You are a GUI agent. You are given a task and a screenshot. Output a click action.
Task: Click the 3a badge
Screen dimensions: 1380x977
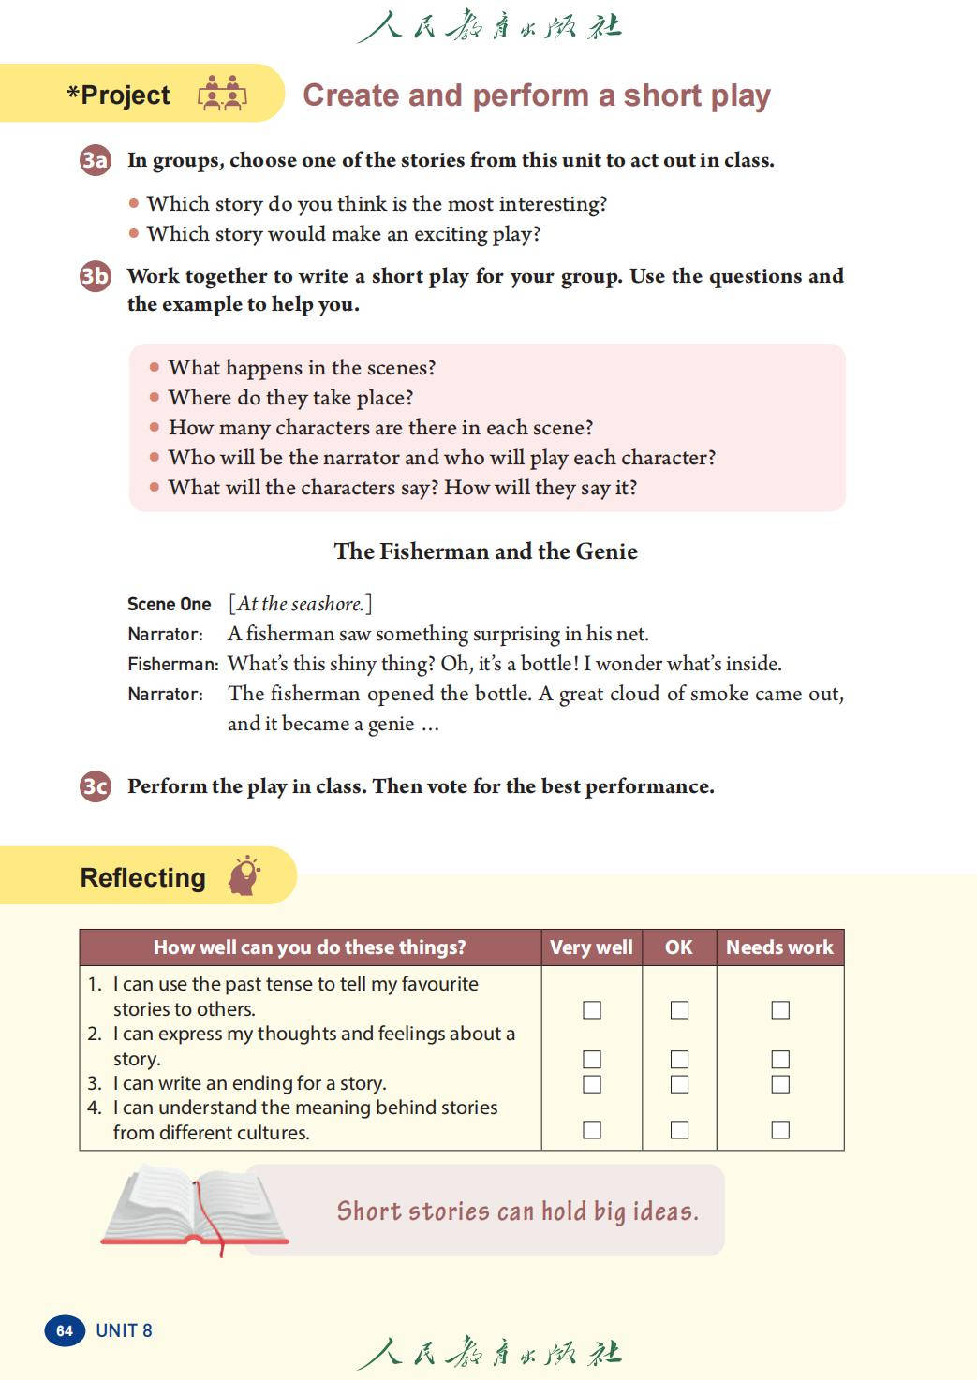[x=95, y=160]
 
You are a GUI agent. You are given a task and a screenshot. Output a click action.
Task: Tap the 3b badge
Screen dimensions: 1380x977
[x=95, y=276]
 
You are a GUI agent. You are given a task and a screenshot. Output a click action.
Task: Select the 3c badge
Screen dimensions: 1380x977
[x=95, y=786]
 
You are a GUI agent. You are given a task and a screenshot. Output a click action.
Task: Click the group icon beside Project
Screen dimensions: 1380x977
[x=222, y=94]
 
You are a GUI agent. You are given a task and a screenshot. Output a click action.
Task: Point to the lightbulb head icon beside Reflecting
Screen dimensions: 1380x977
[x=244, y=875]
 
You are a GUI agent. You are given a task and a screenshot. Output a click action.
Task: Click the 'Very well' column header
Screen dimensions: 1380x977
[x=591, y=947]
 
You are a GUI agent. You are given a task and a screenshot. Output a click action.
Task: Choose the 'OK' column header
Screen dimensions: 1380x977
[x=679, y=947]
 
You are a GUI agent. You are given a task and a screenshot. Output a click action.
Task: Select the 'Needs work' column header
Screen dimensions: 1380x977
[x=779, y=947]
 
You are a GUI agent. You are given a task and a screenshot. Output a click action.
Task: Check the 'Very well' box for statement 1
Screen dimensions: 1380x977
[x=592, y=1009]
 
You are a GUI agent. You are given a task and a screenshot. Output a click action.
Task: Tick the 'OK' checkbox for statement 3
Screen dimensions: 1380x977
[x=680, y=1084]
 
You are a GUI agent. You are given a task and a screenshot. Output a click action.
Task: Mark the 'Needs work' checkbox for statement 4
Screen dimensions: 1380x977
[x=780, y=1130]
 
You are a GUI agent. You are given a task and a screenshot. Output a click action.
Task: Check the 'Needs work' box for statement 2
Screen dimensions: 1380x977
[x=780, y=1059]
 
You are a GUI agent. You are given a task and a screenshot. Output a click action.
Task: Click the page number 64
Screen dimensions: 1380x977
[x=65, y=1330]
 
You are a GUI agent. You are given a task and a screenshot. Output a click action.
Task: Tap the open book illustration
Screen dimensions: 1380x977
[x=197, y=1210]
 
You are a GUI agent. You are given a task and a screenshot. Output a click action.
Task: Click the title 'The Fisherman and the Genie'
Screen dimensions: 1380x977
[x=486, y=551]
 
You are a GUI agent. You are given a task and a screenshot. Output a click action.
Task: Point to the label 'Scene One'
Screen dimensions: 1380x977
[x=170, y=605]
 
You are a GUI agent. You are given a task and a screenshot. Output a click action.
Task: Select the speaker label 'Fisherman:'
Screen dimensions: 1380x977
[x=173, y=665]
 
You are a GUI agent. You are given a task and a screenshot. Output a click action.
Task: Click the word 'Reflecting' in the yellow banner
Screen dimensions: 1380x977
[x=143, y=878]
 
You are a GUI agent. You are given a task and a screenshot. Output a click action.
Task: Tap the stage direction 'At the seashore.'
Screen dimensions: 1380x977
[x=300, y=604]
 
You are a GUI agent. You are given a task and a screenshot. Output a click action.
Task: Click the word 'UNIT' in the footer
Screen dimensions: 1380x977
[x=117, y=1330]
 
